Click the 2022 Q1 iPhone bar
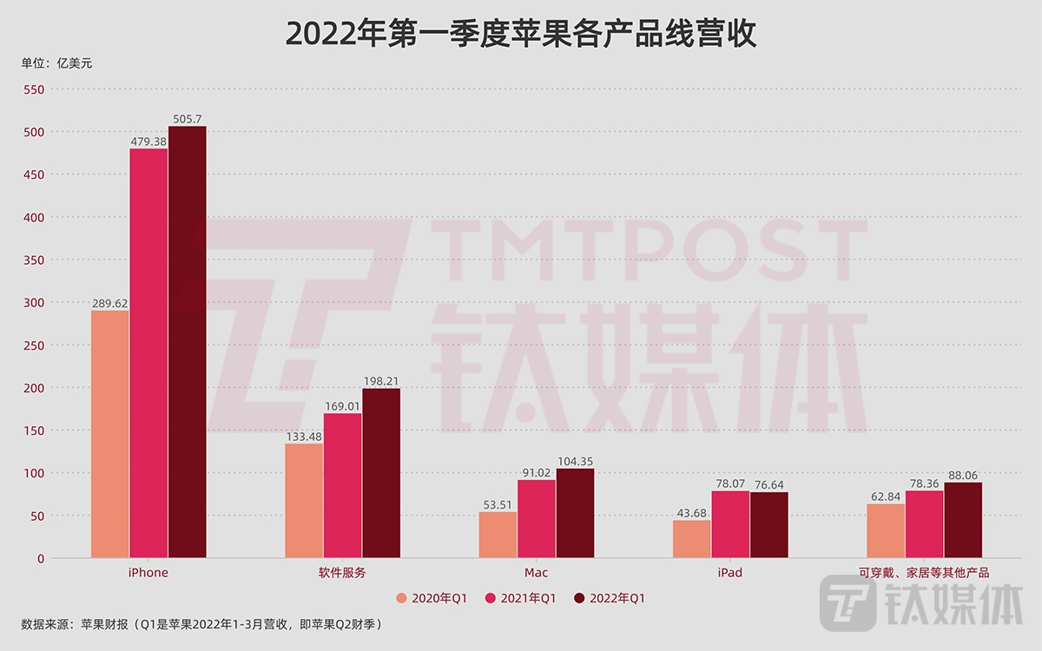click(188, 342)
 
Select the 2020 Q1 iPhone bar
click(110, 434)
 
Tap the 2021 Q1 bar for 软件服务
click(342, 485)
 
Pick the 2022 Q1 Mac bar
click(575, 513)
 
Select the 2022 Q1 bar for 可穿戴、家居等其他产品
click(963, 520)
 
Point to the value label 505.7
click(188, 119)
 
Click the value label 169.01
click(342, 405)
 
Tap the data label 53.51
click(498, 503)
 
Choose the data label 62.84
click(885, 496)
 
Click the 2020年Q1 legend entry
click(432, 598)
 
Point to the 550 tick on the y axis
click(35, 89)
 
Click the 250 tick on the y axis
click(35, 345)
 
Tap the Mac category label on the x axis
click(536, 573)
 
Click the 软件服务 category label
click(342, 573)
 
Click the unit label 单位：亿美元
click(56, 62)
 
